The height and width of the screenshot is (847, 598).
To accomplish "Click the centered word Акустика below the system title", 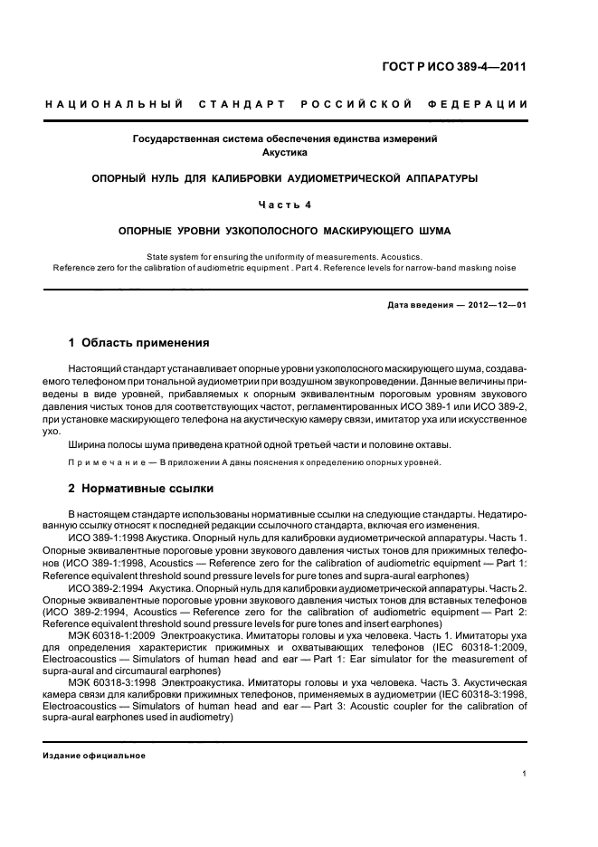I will [x=286, y=152].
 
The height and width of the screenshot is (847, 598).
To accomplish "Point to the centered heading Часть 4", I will [x=286, y=205].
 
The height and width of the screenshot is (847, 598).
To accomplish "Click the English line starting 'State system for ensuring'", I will [x=286, y=257].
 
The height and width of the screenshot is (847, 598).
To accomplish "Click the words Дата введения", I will [x=420, y=305].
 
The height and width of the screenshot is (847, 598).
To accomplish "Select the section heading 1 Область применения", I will [x=139, y=343].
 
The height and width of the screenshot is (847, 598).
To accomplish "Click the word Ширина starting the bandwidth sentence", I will [x=86, y=444].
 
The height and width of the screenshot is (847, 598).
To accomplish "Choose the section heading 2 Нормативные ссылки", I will [x=141, y=489].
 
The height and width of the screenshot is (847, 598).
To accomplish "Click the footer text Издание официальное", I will [x=95, y=756].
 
